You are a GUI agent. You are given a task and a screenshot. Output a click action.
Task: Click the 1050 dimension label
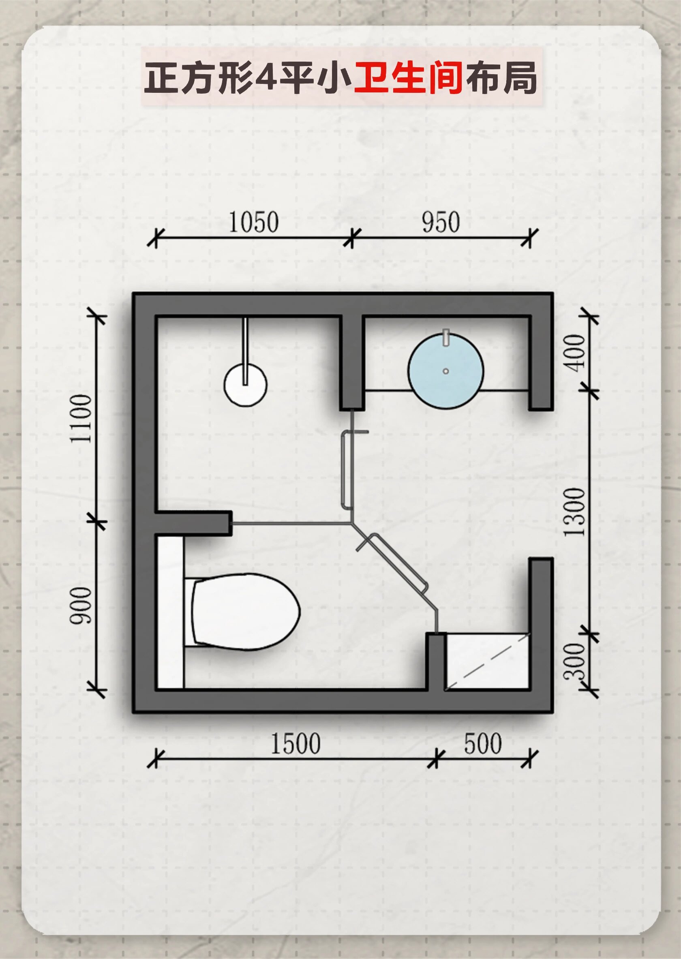tap(253, 222)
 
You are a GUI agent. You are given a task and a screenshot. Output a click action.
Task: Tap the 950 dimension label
tap(441, 222)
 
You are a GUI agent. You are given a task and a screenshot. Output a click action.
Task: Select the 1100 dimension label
tap(81, 418)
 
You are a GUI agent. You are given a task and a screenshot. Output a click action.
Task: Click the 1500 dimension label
tap(295, 743)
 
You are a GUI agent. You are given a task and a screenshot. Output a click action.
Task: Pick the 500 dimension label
tap(483, 743)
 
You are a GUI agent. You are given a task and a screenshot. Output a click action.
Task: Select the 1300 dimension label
tap(574, 512)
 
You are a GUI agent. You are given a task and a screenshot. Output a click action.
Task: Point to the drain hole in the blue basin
tap(446, 371)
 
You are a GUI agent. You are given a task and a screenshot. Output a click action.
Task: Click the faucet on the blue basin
tap(446, 338)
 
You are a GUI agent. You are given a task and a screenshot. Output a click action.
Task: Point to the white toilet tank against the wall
tap(170, 612)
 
